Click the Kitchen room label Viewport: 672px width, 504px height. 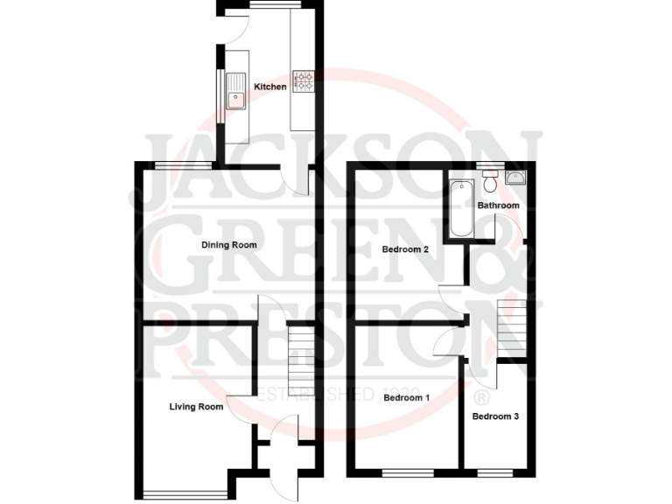coord(269,87)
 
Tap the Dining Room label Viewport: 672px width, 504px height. coord(229,245)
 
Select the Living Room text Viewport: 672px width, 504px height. coord(196,406)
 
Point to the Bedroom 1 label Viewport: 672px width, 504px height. coord(407,398)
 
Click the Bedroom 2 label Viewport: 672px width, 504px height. coord(405,249)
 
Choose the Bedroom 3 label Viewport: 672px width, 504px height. coord(495,416)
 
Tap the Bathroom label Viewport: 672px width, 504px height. coord(498,206)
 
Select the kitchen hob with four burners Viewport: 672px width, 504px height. coord(304,81)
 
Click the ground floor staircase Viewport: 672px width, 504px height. coord(300,350)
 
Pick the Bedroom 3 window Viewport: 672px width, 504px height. coord(494,473)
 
